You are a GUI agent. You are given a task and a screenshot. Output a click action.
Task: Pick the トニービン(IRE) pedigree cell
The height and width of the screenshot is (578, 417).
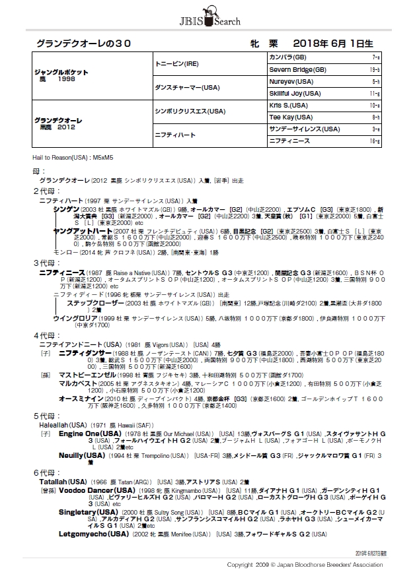pyautogui.click(x=173, y=63)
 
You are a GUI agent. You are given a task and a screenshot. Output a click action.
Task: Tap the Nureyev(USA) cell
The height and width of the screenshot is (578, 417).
pyautogui.click(x=291, y=81)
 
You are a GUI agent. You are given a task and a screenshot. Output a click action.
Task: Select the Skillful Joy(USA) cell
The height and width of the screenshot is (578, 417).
pyautogui.click(x=297, y=93)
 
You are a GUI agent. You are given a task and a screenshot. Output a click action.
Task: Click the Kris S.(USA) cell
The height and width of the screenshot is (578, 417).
pyautogui.click(x=289, y=105)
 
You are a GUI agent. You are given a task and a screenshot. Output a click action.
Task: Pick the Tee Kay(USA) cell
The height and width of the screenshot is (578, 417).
pyautogui.click(x=291, y=117)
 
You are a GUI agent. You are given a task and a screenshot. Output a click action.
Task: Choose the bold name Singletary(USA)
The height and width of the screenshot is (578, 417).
pyautogui.click(x=89, y=512)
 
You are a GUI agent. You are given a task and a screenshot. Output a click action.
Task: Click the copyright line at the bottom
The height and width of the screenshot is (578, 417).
pyautogui.click(x=305, y=565)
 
